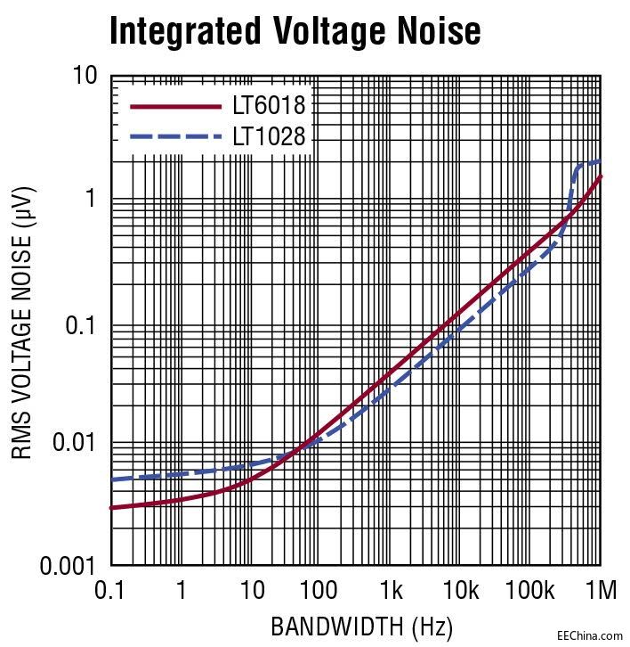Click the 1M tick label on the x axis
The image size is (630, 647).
click(x=601, y=591)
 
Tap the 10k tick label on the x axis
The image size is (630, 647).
click(x=462, y=591)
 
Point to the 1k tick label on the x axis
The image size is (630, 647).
click(x=392, y=591)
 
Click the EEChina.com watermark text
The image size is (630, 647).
click(x=589, y=635)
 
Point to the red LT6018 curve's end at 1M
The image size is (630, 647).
click(x=601, y=176)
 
